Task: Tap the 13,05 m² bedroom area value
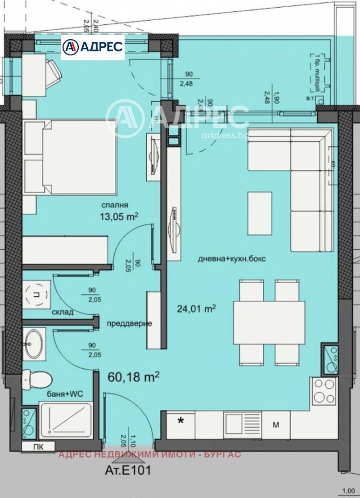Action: point(118,217)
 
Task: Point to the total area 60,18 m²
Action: point(134,376)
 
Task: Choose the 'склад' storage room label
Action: point(62,312)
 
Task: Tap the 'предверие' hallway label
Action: point(129,323)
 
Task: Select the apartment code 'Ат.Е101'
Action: point(128,471)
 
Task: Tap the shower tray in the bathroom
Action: point(66,421)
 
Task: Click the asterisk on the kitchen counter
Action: point(181,421)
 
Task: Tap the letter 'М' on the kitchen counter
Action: point(276,424)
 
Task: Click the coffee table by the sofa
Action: point(260,213)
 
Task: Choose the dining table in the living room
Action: point(269,322)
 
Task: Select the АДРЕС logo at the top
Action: point(92,47)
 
